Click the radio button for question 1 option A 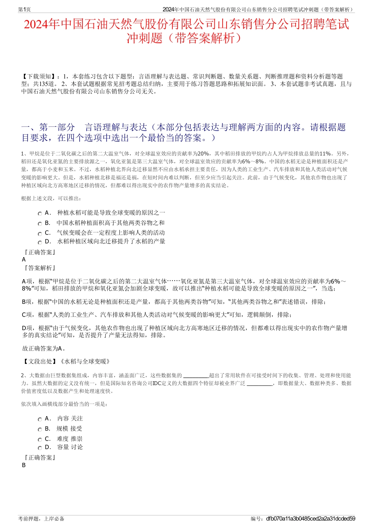pos(40,214)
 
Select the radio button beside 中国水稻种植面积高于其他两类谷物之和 pos(40,224)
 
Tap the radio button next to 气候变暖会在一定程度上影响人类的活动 pos(40,234)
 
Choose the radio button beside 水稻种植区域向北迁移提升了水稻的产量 pos(40,243)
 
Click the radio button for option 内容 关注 pos(40,420)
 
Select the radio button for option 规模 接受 pos(40,430)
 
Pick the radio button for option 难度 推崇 pos(40,440)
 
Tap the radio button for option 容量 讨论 pos(40,448)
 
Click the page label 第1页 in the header pos(25,9)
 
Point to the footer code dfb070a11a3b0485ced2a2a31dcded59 pos(311,519)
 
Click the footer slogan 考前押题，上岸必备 pos(41,519)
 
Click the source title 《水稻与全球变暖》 pos(85,361)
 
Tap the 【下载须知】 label pos(38,76)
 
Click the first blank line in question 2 pos(196,376)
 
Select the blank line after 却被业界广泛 pos(260,384)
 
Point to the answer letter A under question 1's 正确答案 pos(24,259)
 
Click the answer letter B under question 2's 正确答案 pos(24,465)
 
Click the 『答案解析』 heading pos(39,268)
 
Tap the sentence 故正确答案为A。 pos(44,348)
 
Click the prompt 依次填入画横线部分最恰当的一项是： pos(64,404)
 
